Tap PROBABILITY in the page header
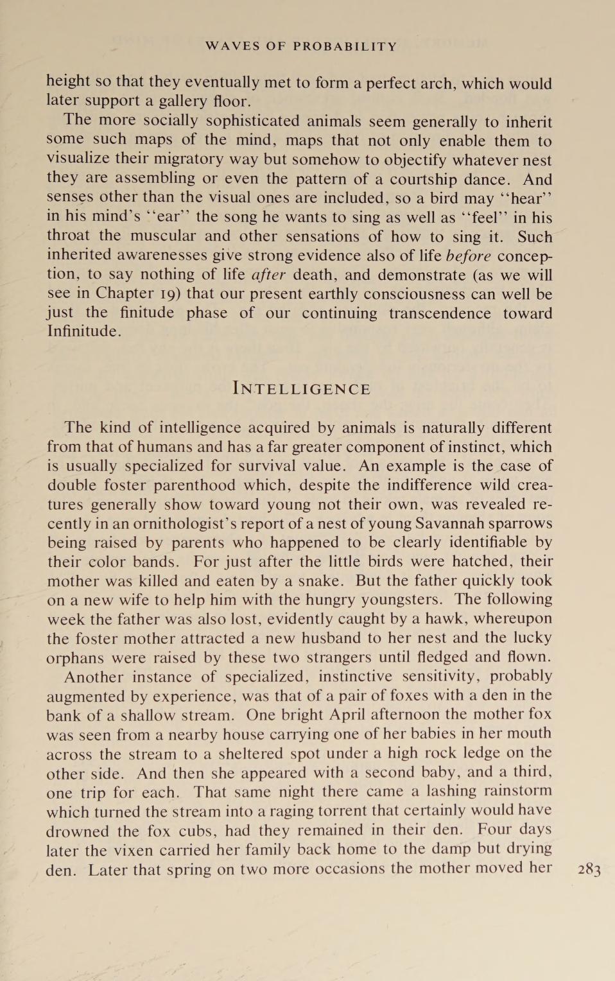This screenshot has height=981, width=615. [345, 46]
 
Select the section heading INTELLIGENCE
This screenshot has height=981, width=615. [302, 389]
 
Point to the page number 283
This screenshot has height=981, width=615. [589, 870]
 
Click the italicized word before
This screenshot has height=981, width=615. [469, 256]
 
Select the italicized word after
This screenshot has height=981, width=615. [268, 275]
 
